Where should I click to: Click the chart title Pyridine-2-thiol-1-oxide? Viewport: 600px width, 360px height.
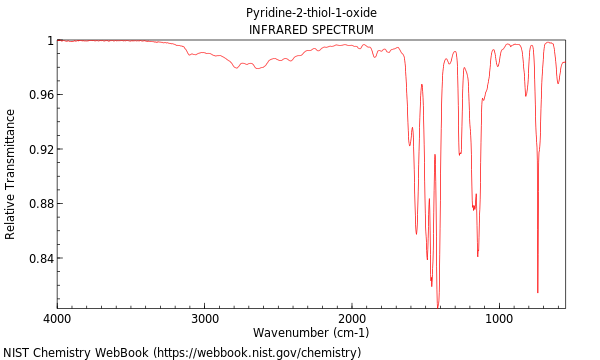coord(311,13)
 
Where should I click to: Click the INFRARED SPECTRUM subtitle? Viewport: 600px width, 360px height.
coord(311,30)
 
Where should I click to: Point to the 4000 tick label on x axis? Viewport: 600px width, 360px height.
coord(57,318)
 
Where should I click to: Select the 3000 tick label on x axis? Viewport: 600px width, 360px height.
coord(204,318)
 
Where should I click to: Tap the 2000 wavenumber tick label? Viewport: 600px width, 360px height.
coord(352,318)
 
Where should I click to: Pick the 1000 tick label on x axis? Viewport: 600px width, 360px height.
coord(499,318)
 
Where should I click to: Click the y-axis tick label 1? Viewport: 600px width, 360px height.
coord(48,41)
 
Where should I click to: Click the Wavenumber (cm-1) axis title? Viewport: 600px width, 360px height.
coord(311,333)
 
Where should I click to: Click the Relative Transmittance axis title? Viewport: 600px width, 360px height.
coord(11,174)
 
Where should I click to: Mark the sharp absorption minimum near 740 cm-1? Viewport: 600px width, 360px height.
coord(538,292)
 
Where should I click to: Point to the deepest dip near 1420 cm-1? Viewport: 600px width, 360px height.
coord(438,306)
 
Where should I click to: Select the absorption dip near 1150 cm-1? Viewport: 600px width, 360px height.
coord(478,256)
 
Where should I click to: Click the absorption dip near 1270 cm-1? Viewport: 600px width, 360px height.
coord(459,154)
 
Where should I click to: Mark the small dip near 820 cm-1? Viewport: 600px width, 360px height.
coord(526,95)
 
